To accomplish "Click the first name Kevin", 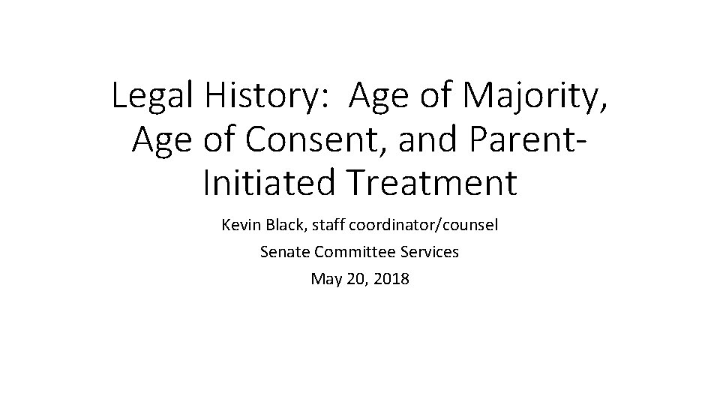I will click(239, 225).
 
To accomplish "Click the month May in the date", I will click(325, 280).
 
